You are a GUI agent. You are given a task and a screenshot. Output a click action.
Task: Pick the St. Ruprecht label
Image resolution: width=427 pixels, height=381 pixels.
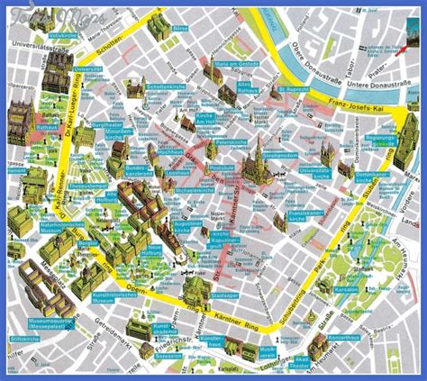tap(296, 89)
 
